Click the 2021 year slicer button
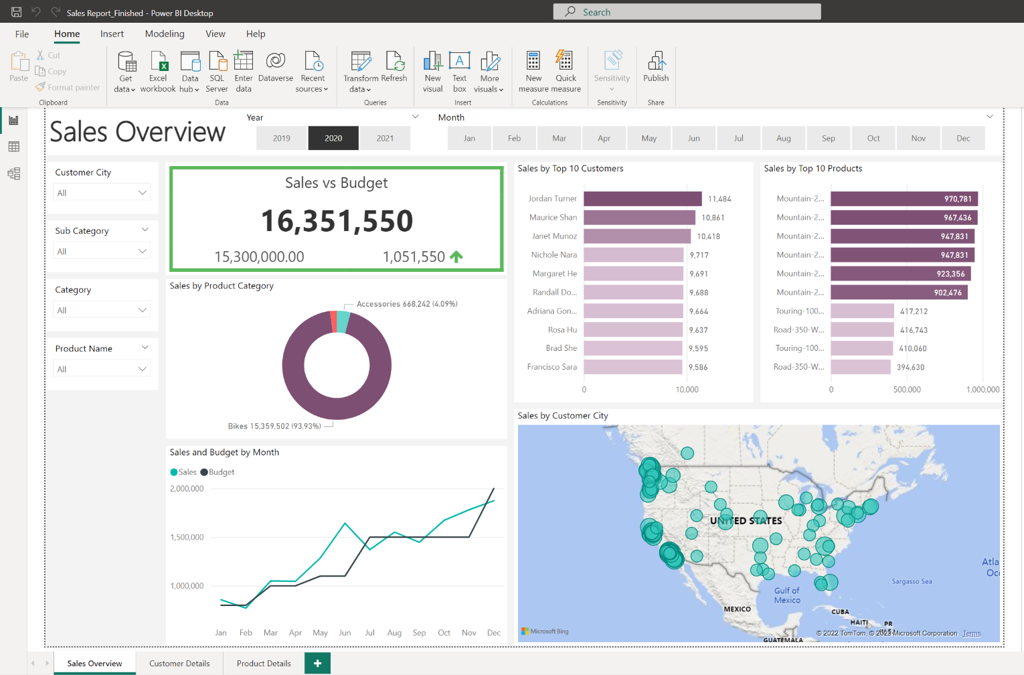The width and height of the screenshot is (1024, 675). pos(385,139)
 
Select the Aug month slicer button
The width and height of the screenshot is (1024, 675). pos(783,139)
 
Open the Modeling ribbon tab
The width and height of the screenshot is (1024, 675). pos(165,34)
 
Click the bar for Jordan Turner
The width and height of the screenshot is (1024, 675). pos(643,199)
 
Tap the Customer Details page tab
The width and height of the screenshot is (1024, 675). pos(179,664)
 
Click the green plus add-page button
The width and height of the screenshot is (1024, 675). pos(317,664)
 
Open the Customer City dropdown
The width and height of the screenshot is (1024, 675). pos(102,193)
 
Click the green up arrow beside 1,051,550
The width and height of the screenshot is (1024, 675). pos(456,256)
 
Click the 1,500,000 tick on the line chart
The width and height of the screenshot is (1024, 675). pos(187,537)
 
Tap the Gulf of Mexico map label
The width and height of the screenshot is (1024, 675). pos(786,595)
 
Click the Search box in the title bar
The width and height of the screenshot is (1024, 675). pos(687,12)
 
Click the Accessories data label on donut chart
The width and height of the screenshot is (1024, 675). pos(407,304)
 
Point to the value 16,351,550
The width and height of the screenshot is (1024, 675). pos(337,221)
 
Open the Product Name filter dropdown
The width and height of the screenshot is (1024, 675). pos(102,369)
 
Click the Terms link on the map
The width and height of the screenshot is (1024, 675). pos(971,633)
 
